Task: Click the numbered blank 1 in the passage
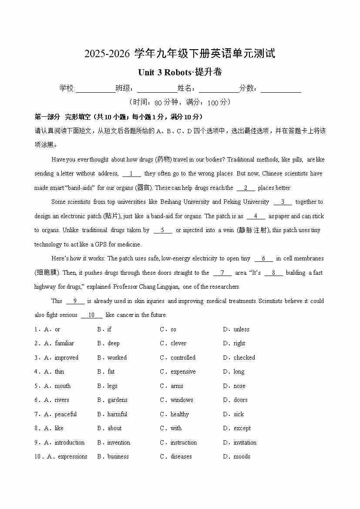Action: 131,174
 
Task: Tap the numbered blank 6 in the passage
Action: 264,259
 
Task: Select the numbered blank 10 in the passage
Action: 91,315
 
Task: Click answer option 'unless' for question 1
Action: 241,330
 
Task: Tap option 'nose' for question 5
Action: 239,386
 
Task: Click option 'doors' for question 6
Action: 240,400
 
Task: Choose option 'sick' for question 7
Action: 239,415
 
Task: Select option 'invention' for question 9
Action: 118,443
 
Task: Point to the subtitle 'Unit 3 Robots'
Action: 165,72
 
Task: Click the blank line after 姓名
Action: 219,89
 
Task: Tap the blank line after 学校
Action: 95,89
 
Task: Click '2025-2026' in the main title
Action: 107,54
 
